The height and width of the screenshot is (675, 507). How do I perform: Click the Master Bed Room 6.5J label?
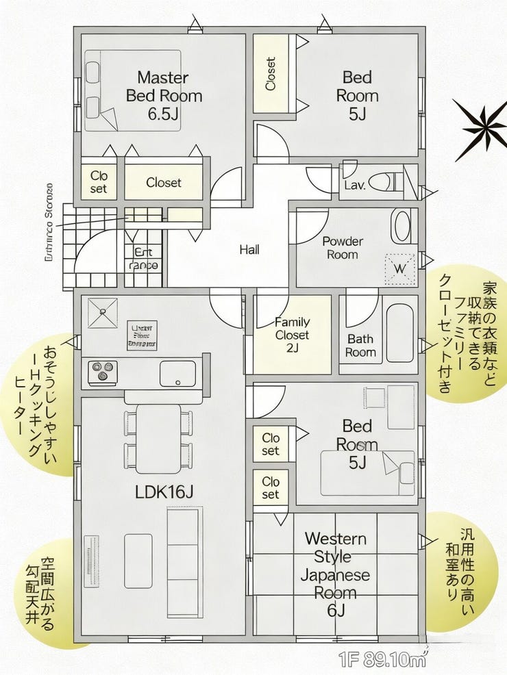coord(164,95)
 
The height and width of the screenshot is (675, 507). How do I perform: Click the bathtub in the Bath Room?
coord(399,333)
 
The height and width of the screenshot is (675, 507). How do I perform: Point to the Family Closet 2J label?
coord(292,335)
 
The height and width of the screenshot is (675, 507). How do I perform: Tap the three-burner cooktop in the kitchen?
coord(101,370)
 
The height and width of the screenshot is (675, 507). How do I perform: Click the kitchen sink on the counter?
coord(177,373)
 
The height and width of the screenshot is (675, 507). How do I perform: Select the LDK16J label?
coord(164,491)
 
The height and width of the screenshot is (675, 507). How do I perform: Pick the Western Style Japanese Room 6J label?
coord(336,574)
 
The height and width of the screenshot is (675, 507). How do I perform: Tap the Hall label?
coord(249,250)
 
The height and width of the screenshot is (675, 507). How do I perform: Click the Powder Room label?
coord(343,248)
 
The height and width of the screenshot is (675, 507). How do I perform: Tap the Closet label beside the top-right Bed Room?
coord(271,73)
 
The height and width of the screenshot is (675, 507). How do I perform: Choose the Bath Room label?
coord(360,345)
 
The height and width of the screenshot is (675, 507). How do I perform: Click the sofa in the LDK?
coord(184,553)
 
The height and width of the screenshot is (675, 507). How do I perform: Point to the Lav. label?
coord(354,185)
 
